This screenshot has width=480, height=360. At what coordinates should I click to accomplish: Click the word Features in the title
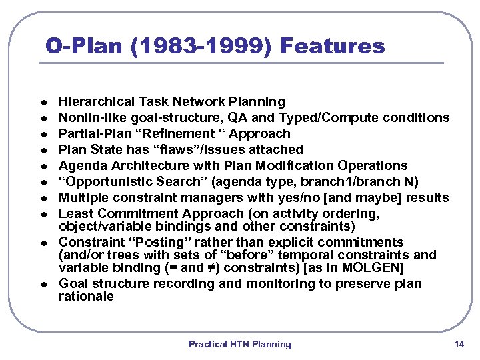click(x=333, y=46)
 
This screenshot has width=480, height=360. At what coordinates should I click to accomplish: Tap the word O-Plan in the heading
click(x=73, y=46)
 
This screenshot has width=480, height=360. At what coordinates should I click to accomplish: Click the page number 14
click(x=458, y=344)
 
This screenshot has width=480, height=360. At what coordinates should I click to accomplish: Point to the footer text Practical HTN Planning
click(x=239, y=344)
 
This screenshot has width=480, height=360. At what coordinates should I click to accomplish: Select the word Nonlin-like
click(x=90, y=118)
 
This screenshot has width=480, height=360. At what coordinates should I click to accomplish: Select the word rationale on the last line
click(x=86, y=297)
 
